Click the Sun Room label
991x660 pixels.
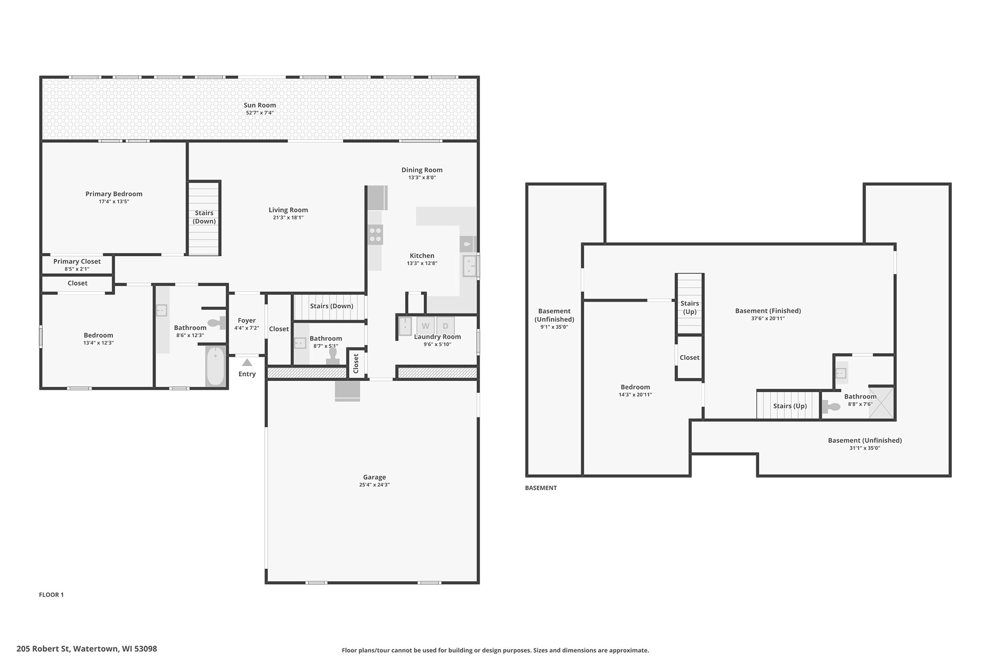[x=260, y=105]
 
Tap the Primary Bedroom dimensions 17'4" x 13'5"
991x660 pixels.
[x=114, y=202]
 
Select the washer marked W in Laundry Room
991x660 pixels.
[x=425, y=326]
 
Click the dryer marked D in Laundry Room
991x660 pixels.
[x=445, y=326]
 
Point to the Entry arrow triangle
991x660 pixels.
[x=247, y=362]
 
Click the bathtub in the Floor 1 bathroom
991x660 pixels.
[x=215, y=366]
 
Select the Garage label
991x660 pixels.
[x=374, y=477]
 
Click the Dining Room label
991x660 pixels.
[x=422, y=170]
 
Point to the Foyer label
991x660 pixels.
[x=247, y=321]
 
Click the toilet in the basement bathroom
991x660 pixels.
[x=832, y=406]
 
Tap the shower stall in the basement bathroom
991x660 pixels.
[x=881, y=402]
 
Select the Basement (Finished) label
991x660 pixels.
[x=768, y=311]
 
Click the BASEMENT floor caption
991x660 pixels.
[x=541, y=488]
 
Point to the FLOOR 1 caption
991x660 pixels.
[x=51, y=595]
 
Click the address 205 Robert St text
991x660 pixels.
[x=43, y=649]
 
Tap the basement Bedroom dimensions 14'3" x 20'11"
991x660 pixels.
[x=635, y=395]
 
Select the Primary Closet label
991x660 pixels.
[x=77, y=261]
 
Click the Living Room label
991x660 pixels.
[x=288, y=210]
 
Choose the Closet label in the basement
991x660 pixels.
[x=690, y=357]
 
